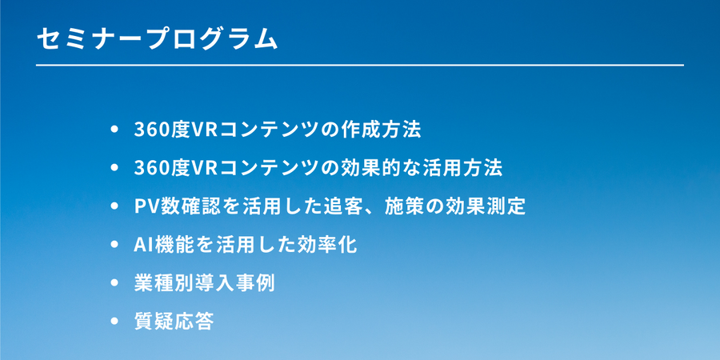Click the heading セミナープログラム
tap(157, 39)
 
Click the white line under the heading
tap(359, 66)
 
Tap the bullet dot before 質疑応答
tap(114, 322)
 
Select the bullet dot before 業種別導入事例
tap(114, 283)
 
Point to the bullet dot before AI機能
tap(114, 245)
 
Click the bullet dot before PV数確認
tap(114, 206)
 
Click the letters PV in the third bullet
tap(145, 207)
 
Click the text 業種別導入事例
tap(204, 284)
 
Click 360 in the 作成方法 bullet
tap(150, 130)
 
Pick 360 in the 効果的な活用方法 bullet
tap(150, 169)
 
